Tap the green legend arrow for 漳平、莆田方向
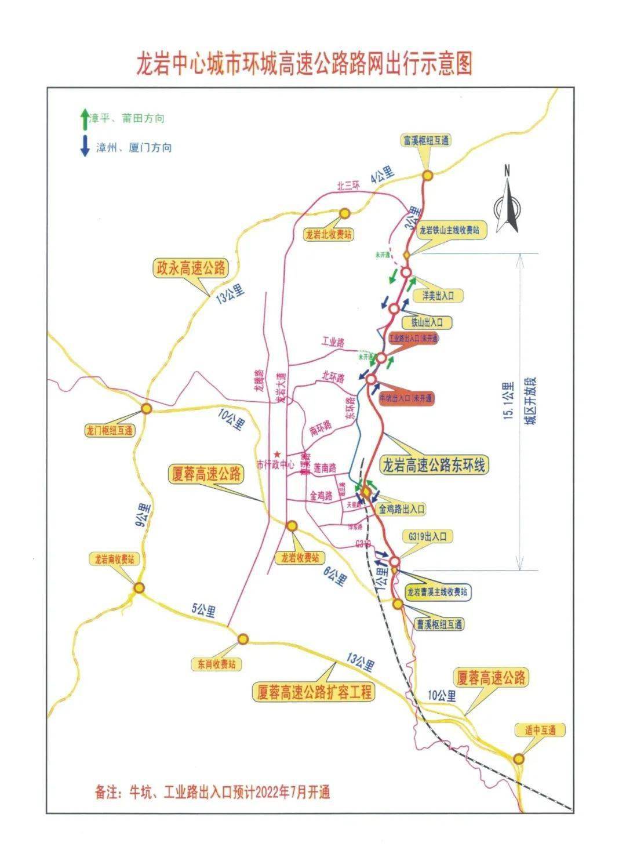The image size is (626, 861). [x=85, y=118]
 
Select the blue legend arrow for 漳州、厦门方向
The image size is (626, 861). [x=85, y=146]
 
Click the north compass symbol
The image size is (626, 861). [x=507, y=199]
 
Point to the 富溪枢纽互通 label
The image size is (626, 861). [x=425, y=140]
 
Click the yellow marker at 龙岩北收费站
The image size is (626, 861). [x=344, y=213]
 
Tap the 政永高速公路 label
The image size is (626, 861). [x=190, y=268]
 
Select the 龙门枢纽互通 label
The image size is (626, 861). [x=109, y=431]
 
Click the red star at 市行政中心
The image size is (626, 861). [x=278, y=454]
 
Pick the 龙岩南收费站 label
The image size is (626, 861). [x=115, y=560]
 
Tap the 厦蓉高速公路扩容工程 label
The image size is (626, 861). [x=314, y=691]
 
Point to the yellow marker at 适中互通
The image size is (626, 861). [x=518, y=758]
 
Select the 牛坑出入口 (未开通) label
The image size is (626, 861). [x=406, y=398]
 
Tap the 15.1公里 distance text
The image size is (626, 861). [x=508, y=400]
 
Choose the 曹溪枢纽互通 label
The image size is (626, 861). [x=439, y=624]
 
